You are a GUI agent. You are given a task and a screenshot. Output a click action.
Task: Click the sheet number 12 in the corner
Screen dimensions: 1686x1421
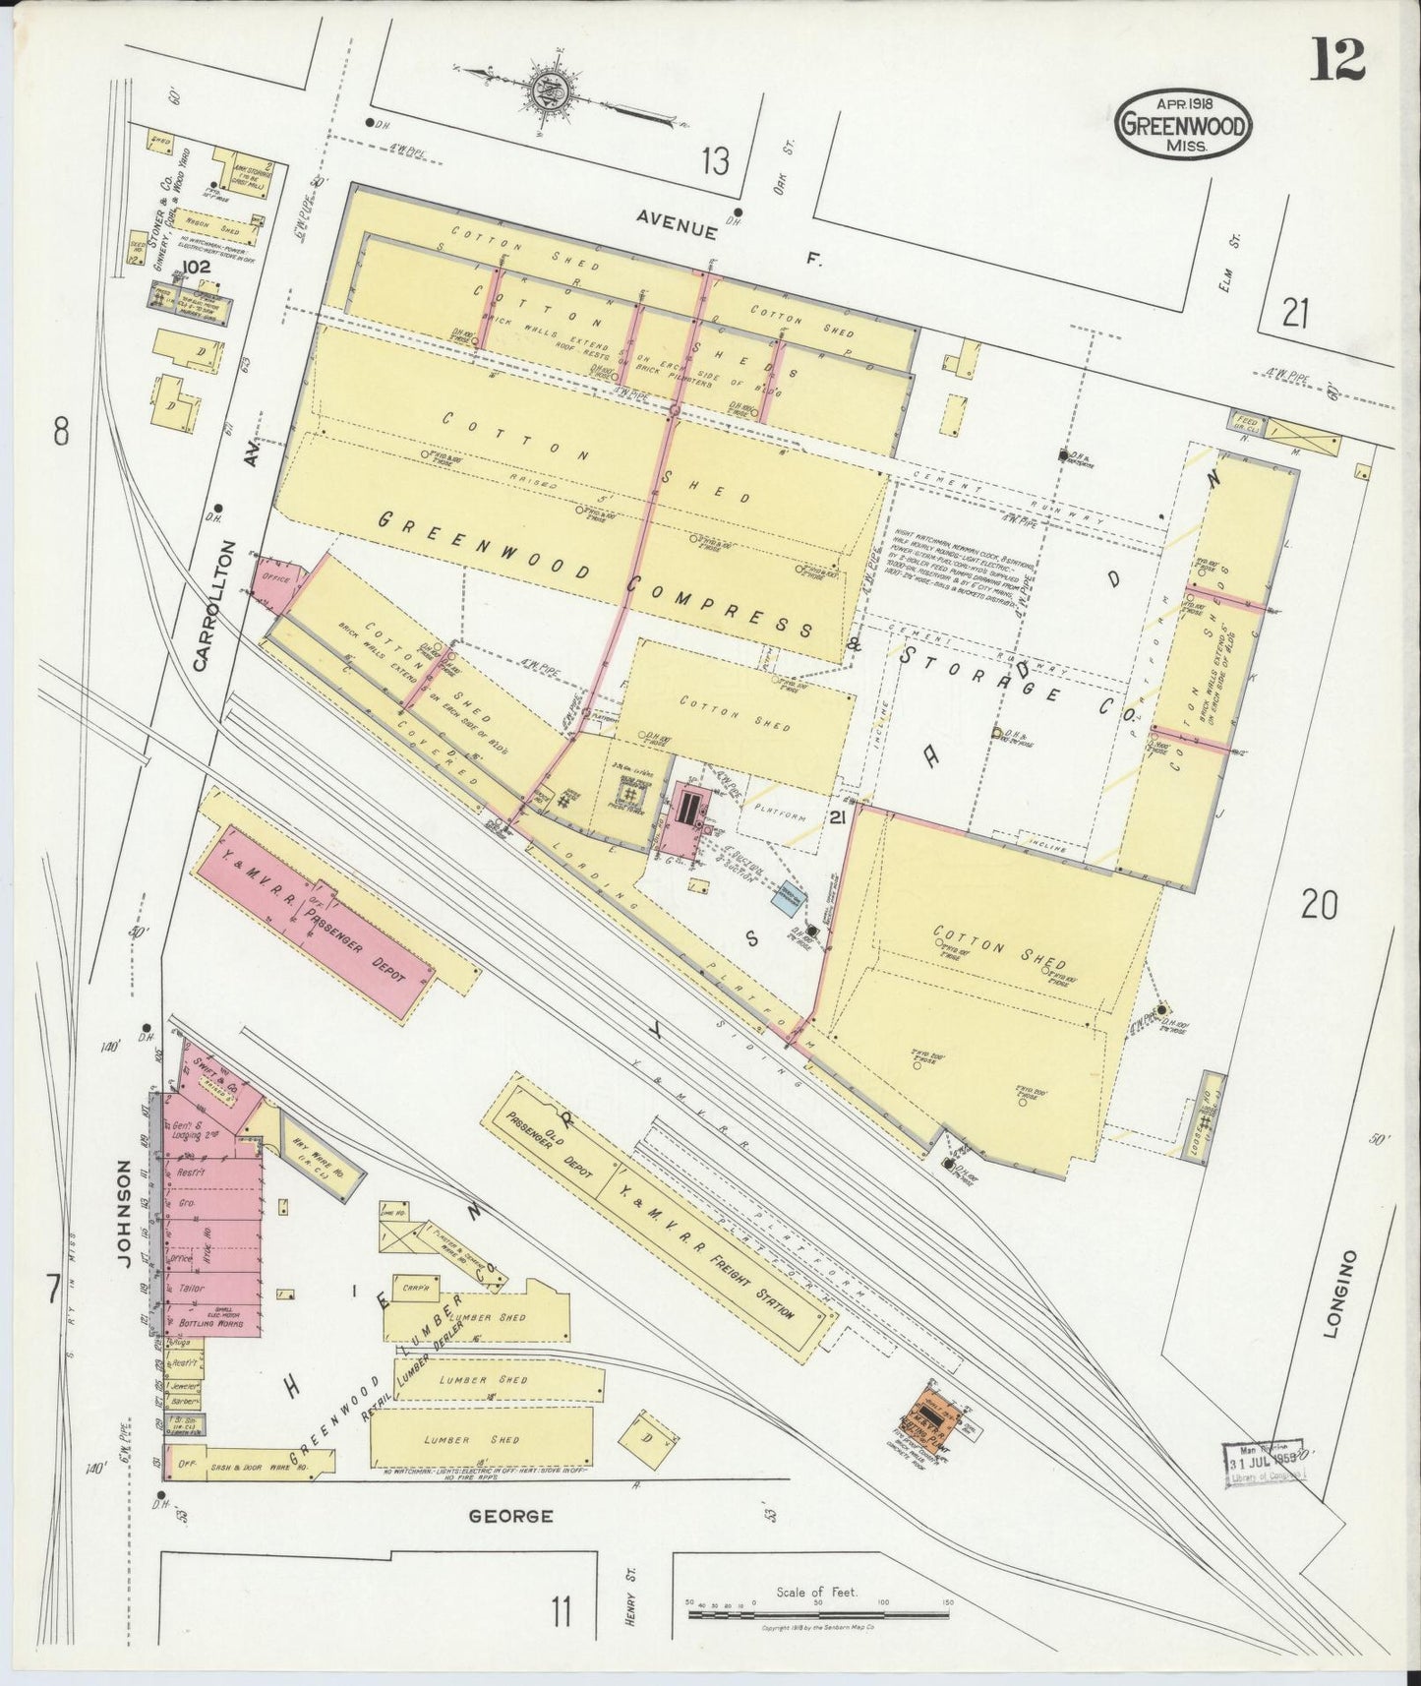(x=1336, y=60)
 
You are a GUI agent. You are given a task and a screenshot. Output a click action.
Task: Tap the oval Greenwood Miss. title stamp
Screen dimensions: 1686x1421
(x=1184, y=124)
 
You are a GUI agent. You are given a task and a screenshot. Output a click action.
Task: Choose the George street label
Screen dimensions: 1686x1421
(x=510, y=1516)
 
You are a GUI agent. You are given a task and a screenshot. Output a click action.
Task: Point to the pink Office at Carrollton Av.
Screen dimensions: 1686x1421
(x=274, y=581)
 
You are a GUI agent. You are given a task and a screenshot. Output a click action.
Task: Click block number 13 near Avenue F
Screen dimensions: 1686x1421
(x=715, y=159)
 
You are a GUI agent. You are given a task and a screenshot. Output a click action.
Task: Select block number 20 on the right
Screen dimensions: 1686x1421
(x=1318, y=903)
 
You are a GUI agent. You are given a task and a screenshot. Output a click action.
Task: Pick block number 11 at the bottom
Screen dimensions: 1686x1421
(x=561, y=1611)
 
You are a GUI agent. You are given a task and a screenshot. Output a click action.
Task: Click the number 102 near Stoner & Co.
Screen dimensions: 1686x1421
(x=197, y=267)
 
